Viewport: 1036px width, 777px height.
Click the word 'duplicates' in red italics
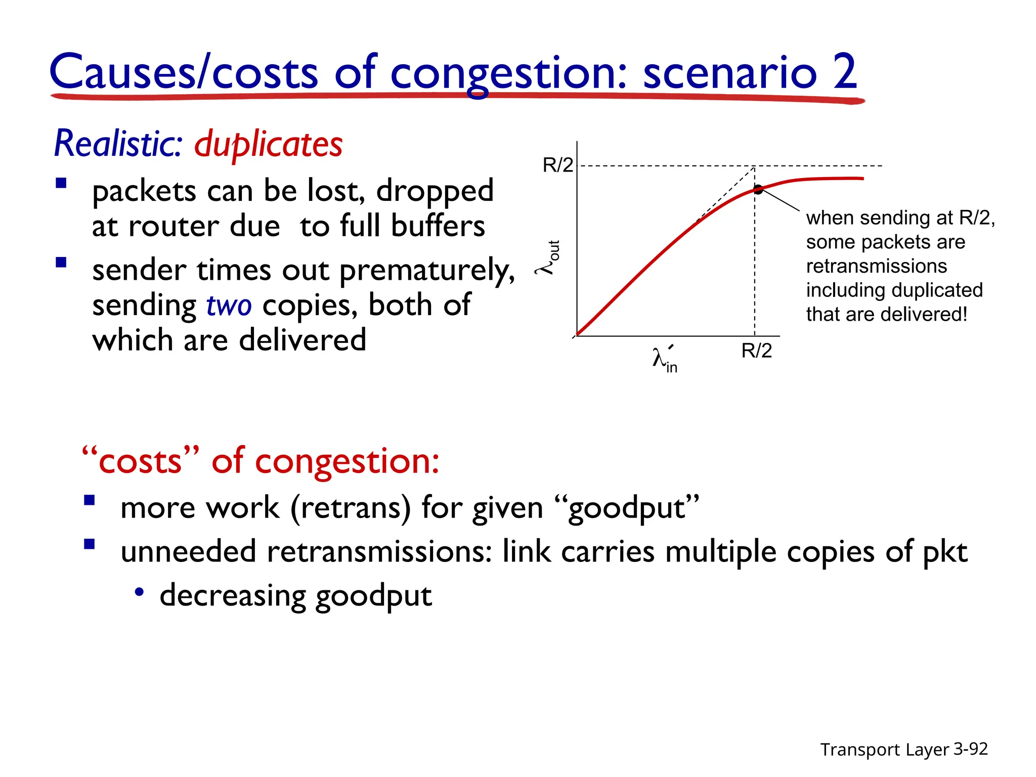pyautogui.click(x=268, y=144)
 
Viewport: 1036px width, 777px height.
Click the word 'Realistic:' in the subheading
pyautogui.click(x=118, y=144)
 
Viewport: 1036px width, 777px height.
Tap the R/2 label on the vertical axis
pyautogui.click(x=557, y=165)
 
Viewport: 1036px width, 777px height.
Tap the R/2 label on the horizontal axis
pyautogui.click(x=756, y=351)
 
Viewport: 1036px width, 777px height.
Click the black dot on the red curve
pyautogui.click(x=758, y=190)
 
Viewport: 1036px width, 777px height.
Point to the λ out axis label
pyautogui.click(x=549, y=258)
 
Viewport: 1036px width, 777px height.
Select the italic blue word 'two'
pyautogui.click(x=229, y=306)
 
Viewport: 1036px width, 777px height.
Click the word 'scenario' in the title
pyautogui.click(x=729, y=72)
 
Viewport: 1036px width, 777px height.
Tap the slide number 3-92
pyautogui.click(x=970, y=749)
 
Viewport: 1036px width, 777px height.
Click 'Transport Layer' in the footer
pyautogui.click(x=884, y=750)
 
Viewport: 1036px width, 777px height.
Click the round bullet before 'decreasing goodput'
pyautogui.click(x=140, y=592)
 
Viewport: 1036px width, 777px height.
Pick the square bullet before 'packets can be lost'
pyautogui.click(x=61, y=183)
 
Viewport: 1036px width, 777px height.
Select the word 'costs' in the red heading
pyautogui.click(x=140, y=461)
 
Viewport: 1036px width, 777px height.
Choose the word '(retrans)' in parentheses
pyautogui.click(x=351, y=508)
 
